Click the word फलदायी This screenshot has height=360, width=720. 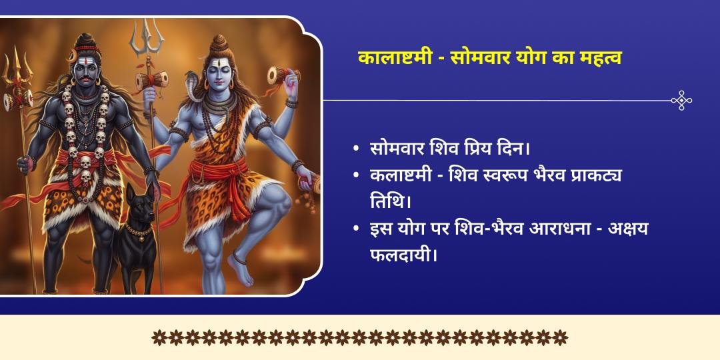pyautogui.click(x=403, y=254)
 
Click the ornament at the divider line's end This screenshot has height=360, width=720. pyautogui.click(x=681, y=101)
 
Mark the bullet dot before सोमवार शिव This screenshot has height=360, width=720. pyautogui.click(x=357, y=149)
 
